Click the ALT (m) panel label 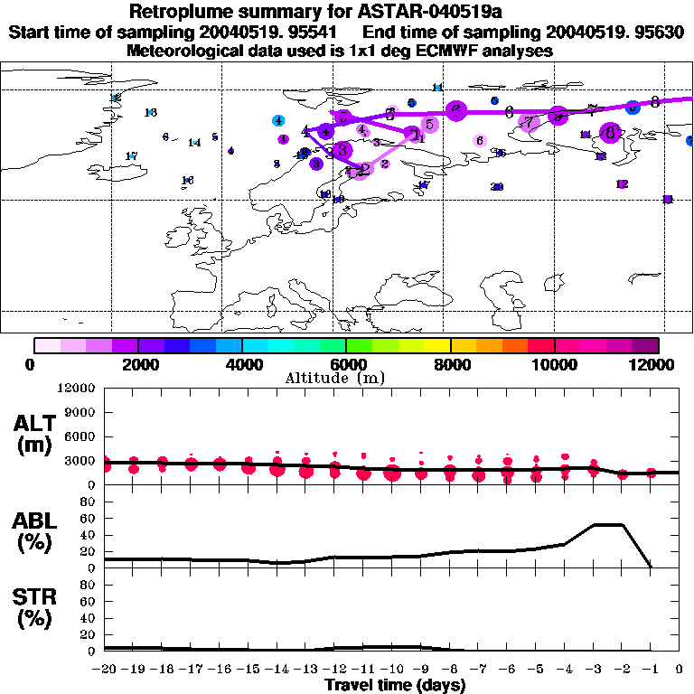coord(36,434)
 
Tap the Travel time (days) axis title coord(395,685)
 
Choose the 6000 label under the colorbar coord(344,364)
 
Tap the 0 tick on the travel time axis coord(680,670)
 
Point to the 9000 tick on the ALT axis coord(82,412)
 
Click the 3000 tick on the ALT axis coord(82,461)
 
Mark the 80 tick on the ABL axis coord(88,502)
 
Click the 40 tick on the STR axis coord(88,618)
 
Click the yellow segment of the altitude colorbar coord(437,345)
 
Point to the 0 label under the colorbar coord(31,364)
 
